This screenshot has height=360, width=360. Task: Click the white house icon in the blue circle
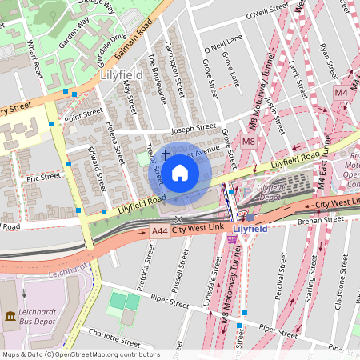pos(180,172)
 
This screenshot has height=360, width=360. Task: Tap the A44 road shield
pos(159,230)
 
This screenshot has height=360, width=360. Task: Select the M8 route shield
pos(249,142)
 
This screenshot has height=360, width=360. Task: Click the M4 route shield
pos(342,93)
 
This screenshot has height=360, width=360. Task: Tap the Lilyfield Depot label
pos(271,192)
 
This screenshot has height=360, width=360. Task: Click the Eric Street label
pos(43,176)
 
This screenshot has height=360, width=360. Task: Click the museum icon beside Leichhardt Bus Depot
pos(10,317)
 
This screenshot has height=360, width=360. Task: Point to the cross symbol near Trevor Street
pos(166,154)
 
